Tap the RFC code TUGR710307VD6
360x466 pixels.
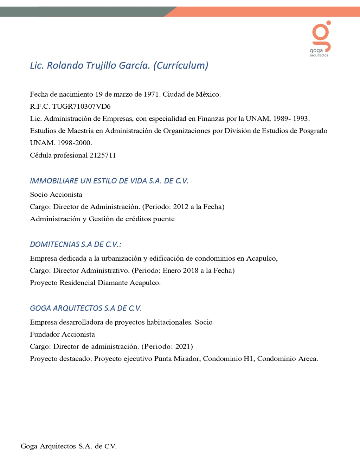[x=81, y=106]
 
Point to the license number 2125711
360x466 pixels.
[x=103, y=155]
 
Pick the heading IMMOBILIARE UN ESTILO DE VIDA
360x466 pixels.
[x=109, y=181]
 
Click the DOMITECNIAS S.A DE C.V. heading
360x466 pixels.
[x=76, y=244]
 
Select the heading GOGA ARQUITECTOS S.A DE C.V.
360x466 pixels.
[x=86, y=308]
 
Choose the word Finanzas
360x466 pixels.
[x=211, y=119]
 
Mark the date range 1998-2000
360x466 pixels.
[x=75, y=143]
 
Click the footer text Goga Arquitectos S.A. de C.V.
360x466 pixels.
[x=69, y=446]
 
